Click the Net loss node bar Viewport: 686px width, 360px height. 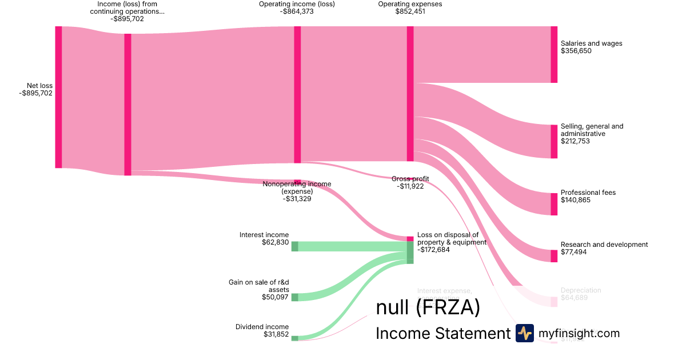58,97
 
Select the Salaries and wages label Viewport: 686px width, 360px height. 591,43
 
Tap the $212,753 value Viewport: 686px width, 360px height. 575,141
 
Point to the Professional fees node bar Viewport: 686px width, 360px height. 553,204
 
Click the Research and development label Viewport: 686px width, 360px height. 604,245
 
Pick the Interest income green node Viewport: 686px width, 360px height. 295,246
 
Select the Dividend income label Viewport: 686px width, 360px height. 262,327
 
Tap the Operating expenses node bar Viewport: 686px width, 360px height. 410,94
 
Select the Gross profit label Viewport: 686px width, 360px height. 410,179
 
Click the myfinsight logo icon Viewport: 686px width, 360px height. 524,333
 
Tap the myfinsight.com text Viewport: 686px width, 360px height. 579,333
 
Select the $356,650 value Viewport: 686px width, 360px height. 576,51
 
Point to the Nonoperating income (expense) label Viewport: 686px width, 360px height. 297,187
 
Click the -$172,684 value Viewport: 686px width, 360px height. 433,250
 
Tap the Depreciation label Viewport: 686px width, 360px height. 580,290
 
